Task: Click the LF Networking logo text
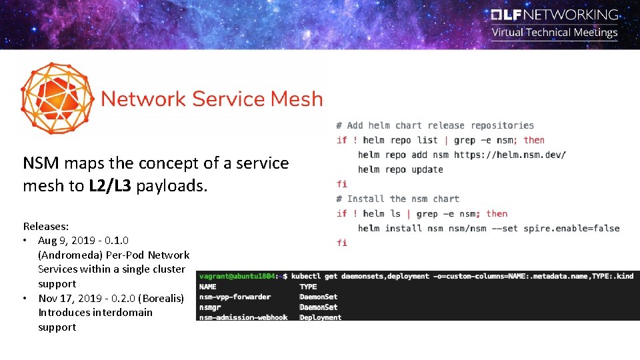(555, 15)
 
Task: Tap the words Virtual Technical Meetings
(555, 33)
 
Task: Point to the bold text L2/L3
(110, 185)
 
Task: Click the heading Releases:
(46, 227)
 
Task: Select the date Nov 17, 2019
(70, 298)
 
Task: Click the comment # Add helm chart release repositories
(435, 125)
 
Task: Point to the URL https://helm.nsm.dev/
(510, 155)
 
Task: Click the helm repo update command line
(400, 169)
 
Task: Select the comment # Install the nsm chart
(397, 199)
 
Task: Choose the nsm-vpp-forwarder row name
(235, 297)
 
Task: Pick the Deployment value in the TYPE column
(320, 317)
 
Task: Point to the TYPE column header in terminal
(308, 287)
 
